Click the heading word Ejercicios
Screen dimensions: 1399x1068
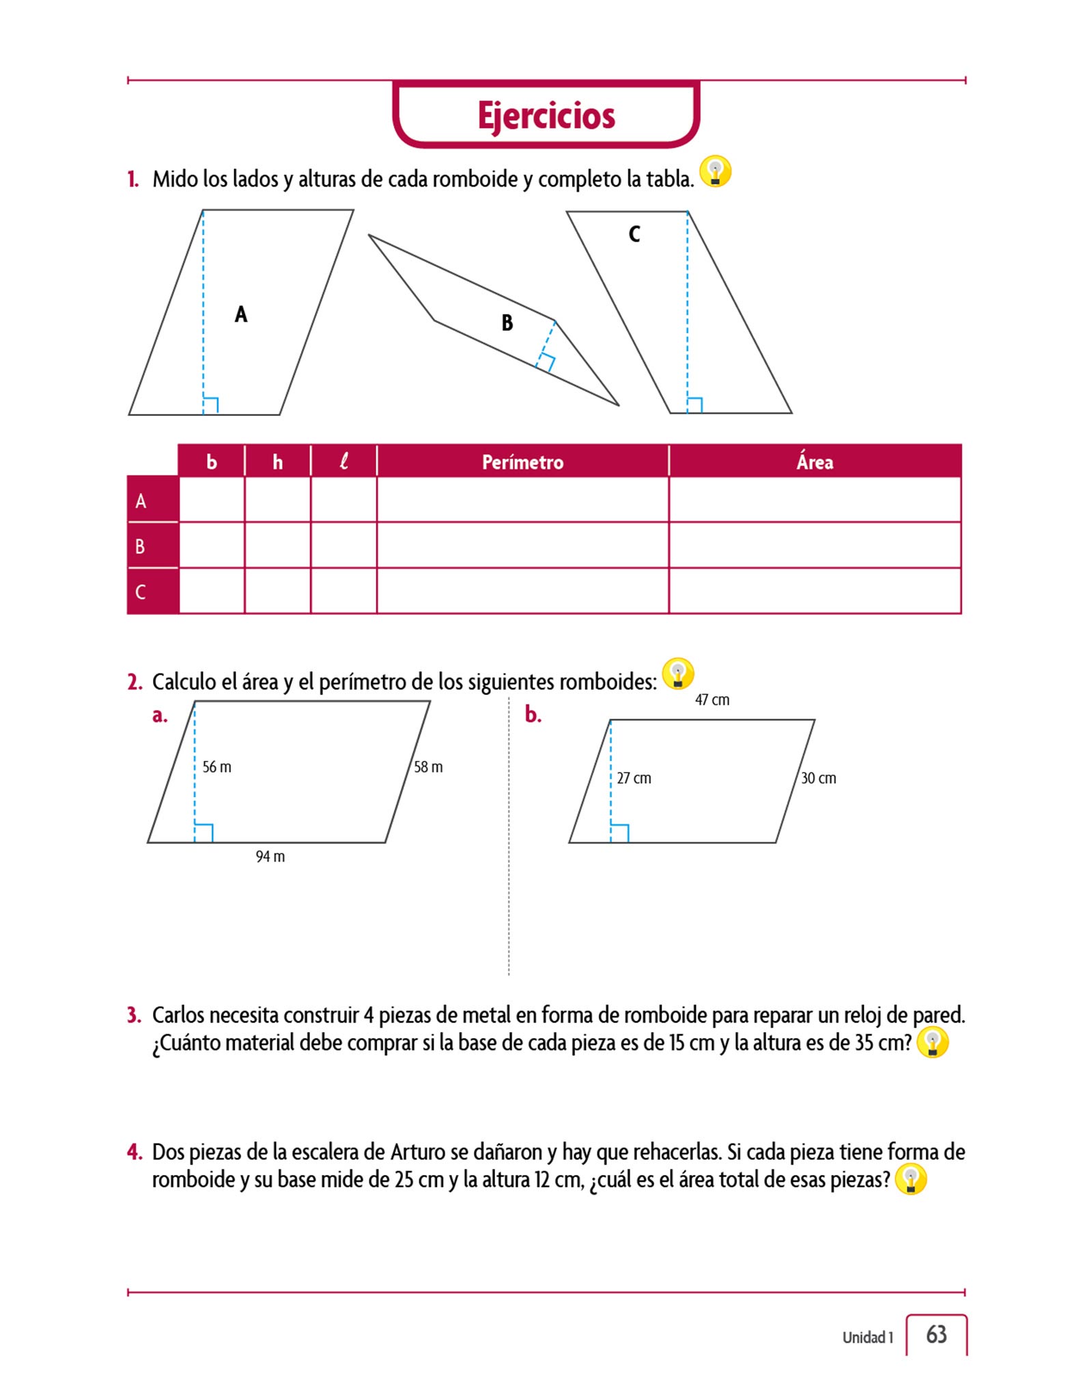click(546, 115)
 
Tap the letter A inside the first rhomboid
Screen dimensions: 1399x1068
click(241, 314)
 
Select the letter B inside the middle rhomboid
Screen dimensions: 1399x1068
click(507, 322)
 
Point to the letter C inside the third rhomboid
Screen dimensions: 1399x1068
click(634, 234)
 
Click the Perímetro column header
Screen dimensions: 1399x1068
click(522, 462)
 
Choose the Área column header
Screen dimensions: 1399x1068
click(815, 462)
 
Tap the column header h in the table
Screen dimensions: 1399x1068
click(277, 462)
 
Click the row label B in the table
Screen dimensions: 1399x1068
click(141, 546)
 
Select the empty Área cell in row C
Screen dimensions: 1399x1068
click(815, 591)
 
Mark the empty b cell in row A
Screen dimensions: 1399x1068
click(212, 500)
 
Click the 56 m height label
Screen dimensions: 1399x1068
click(217, 767)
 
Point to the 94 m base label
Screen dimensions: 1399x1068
click(270, 857)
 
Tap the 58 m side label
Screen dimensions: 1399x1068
click(428, 767)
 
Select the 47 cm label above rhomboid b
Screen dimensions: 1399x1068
click(712, 700)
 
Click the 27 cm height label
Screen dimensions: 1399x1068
click(634, 778)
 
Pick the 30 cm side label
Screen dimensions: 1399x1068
click(818, 778)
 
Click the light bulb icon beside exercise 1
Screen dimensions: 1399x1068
click(715, 171)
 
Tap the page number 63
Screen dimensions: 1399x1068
click(936, 1334)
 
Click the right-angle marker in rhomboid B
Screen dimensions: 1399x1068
click(546, 362)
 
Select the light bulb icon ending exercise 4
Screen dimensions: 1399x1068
click(910, 1180)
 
